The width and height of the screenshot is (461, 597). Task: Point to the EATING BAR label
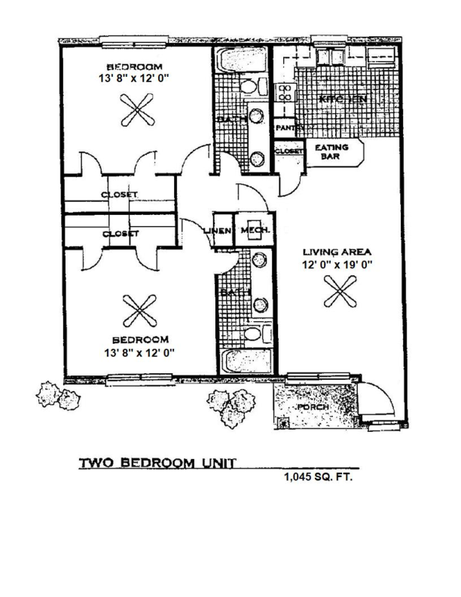click(x=331, y=153)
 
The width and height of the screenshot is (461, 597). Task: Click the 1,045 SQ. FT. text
click(x=317, y=477)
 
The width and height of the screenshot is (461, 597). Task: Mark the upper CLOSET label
click(x=119, y=194)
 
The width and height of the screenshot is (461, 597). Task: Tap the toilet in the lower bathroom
click(x=254, y=334)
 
